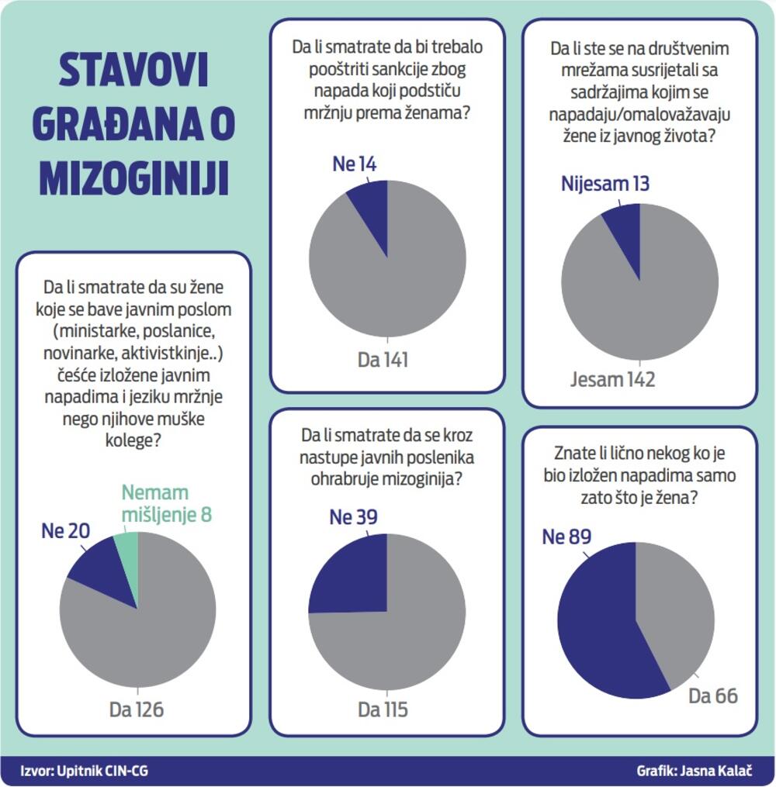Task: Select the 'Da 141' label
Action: point(383,360)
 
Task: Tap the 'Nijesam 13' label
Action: point(605,184)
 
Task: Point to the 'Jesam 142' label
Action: point(613,379)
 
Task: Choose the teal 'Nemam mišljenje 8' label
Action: point(166,504)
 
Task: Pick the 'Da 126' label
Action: point(137,709)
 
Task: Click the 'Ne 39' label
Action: point(354,517)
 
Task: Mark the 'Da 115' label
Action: point(383,709)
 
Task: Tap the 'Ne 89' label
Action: point(567,537)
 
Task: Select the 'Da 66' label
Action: point(713,696)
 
